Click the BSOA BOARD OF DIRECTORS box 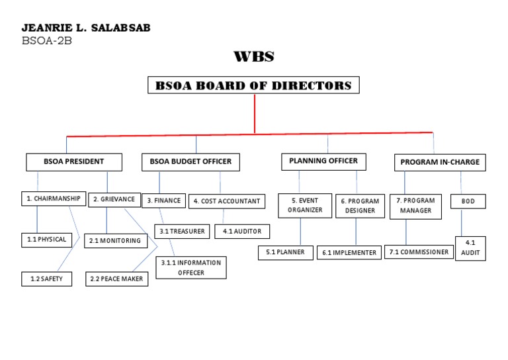coord(253,85)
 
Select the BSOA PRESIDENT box coord(74,161)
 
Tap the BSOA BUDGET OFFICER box coord(190,161)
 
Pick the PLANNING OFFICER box coord(323,161)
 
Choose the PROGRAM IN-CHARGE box coord(440,162)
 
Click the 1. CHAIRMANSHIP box coord(54,199)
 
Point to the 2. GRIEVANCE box coord(114,199)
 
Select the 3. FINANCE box coord(163,201)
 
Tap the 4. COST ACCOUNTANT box coord(227,201)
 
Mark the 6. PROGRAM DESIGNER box coord(360,206)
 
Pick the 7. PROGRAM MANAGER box coord(415,206)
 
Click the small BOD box coord(468,201)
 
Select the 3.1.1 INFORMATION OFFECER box coord(190,267)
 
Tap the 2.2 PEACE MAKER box coord(116,279)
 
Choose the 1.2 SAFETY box coord(46,279)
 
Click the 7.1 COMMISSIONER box coord(418,252)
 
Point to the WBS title coord(254,57)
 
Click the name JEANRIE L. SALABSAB coord(85,28)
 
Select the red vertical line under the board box coord(255,114)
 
